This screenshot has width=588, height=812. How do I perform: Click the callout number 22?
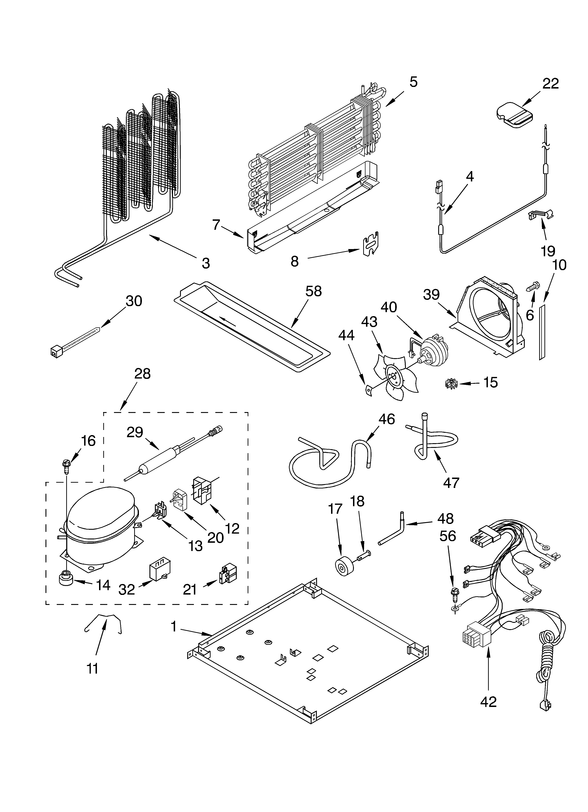(550, 84)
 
